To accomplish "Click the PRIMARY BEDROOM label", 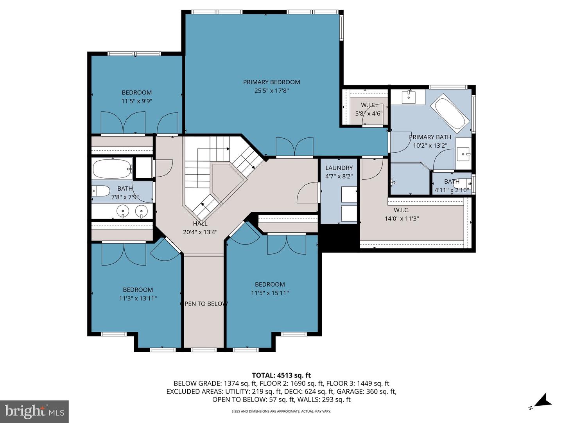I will click(271, 82).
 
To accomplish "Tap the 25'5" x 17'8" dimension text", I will click(271, 91).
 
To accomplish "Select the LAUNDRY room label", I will click(339, 168).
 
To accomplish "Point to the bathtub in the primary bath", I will click(450, 110).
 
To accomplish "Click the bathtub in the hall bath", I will click(113, 169).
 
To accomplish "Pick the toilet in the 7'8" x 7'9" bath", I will click(102, 191).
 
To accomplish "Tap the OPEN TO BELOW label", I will click(204, 304).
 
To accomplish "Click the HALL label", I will click(200, 224).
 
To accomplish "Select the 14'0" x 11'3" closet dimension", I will click(402, 219).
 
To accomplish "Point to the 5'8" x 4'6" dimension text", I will click(369, 114).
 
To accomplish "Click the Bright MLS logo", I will click(34, 411).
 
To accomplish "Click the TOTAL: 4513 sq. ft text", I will click(281, 376).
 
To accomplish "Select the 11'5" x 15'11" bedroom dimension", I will click(270, 293).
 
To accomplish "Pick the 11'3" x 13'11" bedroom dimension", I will click(138, 298).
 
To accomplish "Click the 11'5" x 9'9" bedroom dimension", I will click(137, 101).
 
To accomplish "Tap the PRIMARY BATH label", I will click(430, 137).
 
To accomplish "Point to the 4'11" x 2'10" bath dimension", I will click(452, 190).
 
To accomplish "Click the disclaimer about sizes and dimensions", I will click(281, 411).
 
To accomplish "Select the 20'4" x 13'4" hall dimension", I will click(200, 232).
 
